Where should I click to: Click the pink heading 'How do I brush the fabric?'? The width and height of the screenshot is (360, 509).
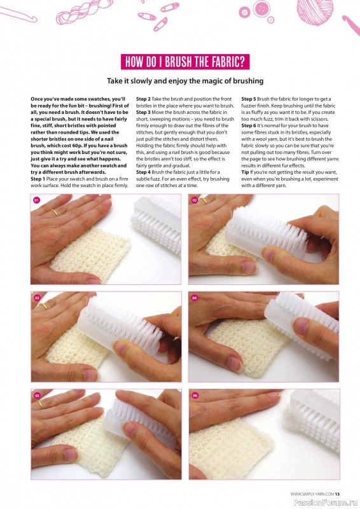coord(185,62)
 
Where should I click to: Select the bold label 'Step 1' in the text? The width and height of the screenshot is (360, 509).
coord(38,179)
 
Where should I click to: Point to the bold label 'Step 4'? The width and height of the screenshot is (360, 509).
coord(143,172)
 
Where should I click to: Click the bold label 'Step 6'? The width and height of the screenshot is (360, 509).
coord(249,125)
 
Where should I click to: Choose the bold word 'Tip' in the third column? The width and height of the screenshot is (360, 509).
coord(245,172)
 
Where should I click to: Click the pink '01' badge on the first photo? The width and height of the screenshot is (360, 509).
coord(37,200)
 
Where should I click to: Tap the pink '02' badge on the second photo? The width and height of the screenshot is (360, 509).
coord(195,200)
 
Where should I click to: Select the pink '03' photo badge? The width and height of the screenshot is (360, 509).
coord(37,298)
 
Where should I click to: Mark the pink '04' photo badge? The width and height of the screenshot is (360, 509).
coord(195,298)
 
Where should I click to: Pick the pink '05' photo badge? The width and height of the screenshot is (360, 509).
coord(37,395)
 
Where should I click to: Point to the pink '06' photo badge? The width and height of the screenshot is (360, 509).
coord(195,395)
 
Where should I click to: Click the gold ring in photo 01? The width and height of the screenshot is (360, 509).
coord(55,213)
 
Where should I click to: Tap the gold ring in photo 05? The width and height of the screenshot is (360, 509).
coord(39,405)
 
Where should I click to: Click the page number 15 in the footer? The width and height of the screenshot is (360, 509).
coord(337,494)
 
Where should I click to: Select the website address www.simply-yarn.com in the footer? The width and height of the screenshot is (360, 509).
coord(312,494)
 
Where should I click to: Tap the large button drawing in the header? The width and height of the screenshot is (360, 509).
coord(261,8)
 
